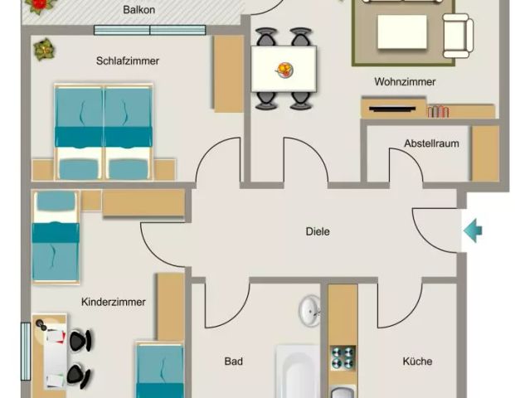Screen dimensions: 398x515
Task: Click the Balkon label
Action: [x=139, y=10]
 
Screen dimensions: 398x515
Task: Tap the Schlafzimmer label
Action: [x=127, y=61]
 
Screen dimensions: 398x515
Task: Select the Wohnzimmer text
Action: [x=405, y=82]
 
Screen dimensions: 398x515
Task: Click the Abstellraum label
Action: [x=431, y=143]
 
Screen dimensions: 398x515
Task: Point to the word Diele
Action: [x=318, y=231]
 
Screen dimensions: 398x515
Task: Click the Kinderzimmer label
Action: [x=114, y=302]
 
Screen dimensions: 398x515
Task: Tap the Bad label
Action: [x=233, y=362]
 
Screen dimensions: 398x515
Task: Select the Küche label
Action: [x=417, y=362]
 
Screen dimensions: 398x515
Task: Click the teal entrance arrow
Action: [x=472, y=230]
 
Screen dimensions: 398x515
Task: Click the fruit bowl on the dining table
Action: [x=284, y=68]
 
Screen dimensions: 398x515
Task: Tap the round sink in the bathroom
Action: [x=310, y=311]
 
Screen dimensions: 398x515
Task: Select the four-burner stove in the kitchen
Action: [x=343, y=357]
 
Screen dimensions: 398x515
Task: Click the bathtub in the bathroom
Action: [x=297, y=373]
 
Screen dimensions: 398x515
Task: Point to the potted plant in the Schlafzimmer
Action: [x=42, y=50]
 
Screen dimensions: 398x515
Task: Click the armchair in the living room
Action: [x=458, y=36]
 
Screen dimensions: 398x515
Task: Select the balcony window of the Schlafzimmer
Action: [x=149, y=31]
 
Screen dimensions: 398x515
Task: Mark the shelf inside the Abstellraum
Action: [x=485, y=153]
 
